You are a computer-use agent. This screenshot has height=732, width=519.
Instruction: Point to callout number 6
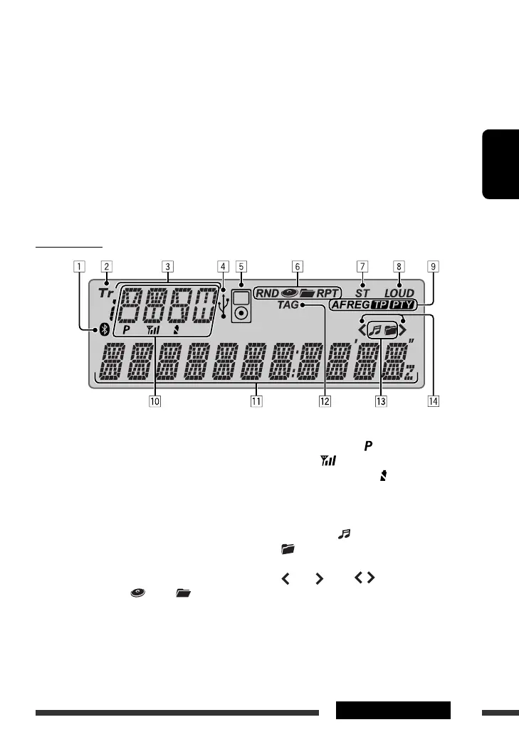[x=297, y=267]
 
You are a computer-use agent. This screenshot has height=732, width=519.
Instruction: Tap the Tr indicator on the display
[x=105, y=292]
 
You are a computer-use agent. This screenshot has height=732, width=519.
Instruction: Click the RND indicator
[x=268, y=292]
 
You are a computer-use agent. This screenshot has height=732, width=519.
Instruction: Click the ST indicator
[x=362, y=292]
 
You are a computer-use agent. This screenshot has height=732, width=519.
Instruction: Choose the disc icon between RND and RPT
[x=290, y=292]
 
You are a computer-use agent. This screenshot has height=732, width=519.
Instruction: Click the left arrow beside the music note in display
[x=362, y=330]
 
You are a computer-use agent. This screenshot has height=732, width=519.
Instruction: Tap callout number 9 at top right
[x=433, y=267]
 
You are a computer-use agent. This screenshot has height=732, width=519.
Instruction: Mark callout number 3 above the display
[x=167, y=267]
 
